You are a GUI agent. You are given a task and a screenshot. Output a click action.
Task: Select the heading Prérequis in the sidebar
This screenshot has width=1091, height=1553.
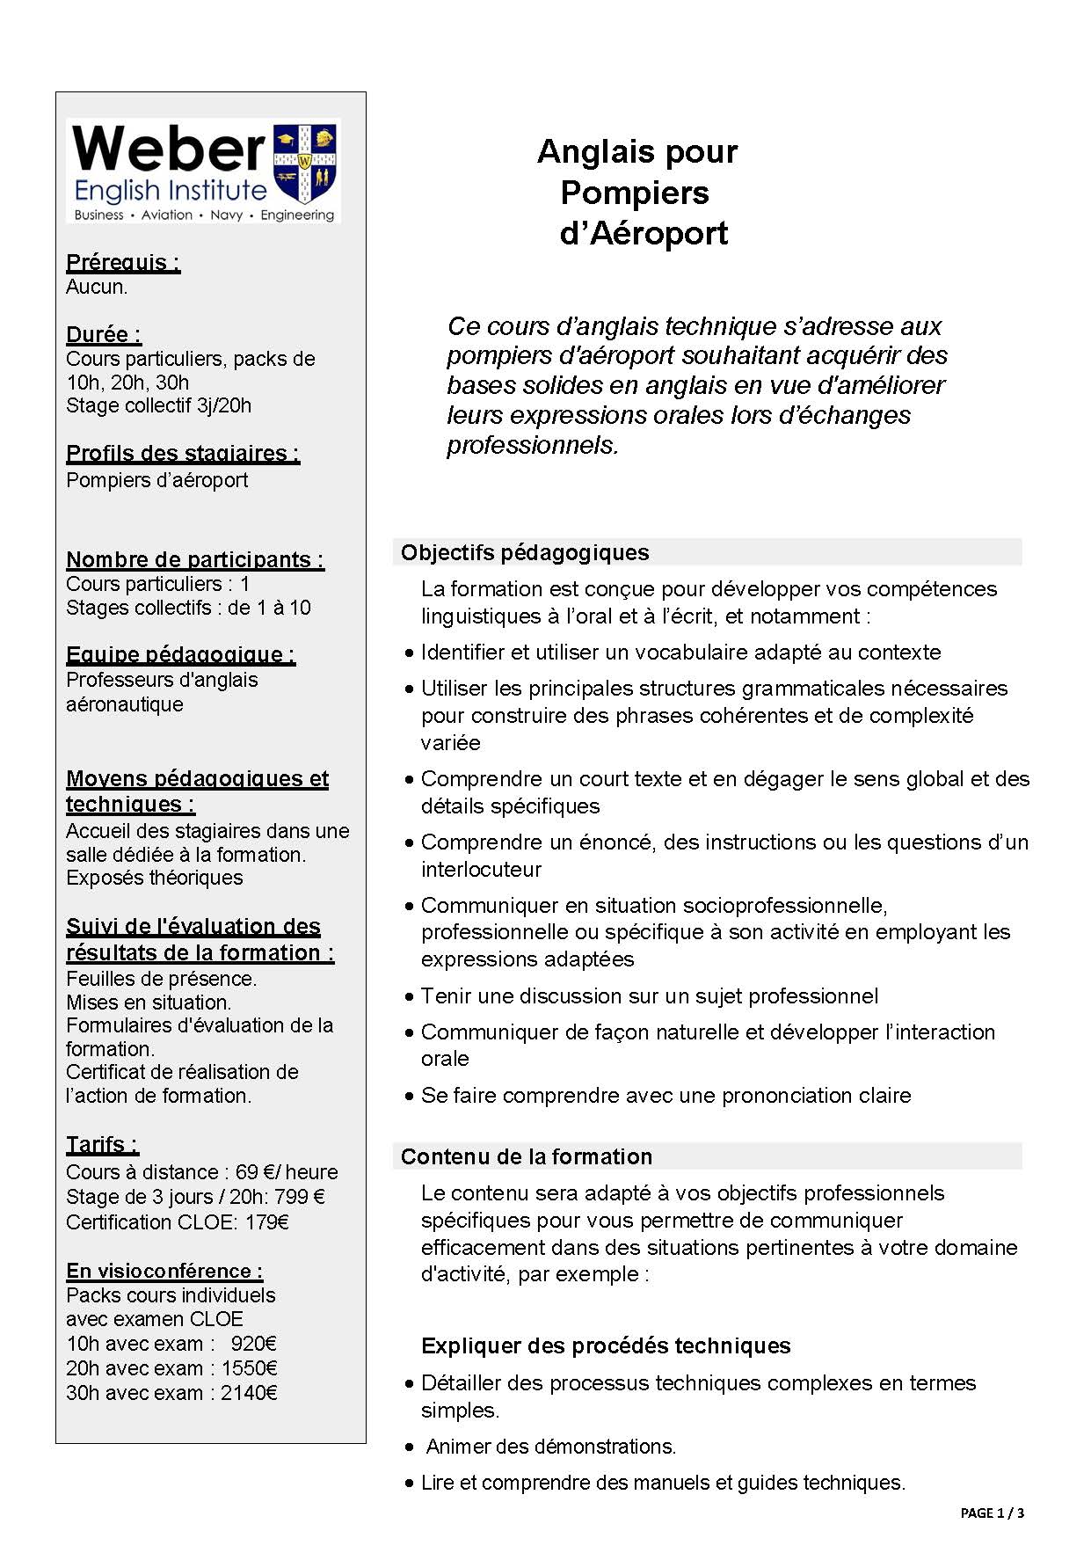click(123, 262)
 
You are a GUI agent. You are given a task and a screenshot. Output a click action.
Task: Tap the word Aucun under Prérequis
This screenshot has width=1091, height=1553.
click(97, 287)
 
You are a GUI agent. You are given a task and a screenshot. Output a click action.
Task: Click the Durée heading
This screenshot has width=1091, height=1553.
click(104, 334)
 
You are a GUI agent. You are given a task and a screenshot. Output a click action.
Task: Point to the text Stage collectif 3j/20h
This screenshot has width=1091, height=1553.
click(158, 405)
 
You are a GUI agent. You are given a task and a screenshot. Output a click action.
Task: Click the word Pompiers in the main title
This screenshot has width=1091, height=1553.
click(635, 193)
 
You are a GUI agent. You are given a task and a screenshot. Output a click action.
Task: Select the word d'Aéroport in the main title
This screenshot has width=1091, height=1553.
click(644, 234)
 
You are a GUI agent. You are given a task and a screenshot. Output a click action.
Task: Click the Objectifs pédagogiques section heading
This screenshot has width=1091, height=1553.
click(525, 552)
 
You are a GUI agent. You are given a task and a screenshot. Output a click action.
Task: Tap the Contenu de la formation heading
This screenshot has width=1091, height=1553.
click(527, 1156)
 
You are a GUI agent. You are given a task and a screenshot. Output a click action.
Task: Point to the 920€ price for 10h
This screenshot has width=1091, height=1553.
click(254, 1344)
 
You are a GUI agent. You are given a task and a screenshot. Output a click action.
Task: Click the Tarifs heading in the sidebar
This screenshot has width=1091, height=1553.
click(102, 1144)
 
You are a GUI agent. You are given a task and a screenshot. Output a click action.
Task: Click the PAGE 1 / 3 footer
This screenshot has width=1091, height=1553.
click(992, 1513)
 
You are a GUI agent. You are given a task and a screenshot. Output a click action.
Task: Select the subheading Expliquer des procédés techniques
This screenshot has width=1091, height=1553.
click(606, 1345)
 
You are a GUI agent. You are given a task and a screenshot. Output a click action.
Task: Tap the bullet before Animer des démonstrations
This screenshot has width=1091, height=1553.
click(410, 1447)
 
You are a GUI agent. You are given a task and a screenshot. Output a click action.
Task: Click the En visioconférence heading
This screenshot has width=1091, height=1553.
click(164, 1271)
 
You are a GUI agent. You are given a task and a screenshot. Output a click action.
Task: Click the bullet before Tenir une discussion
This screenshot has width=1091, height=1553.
click(410, 997)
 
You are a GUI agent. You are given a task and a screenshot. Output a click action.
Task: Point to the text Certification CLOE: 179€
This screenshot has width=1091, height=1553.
click(178, 1221)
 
